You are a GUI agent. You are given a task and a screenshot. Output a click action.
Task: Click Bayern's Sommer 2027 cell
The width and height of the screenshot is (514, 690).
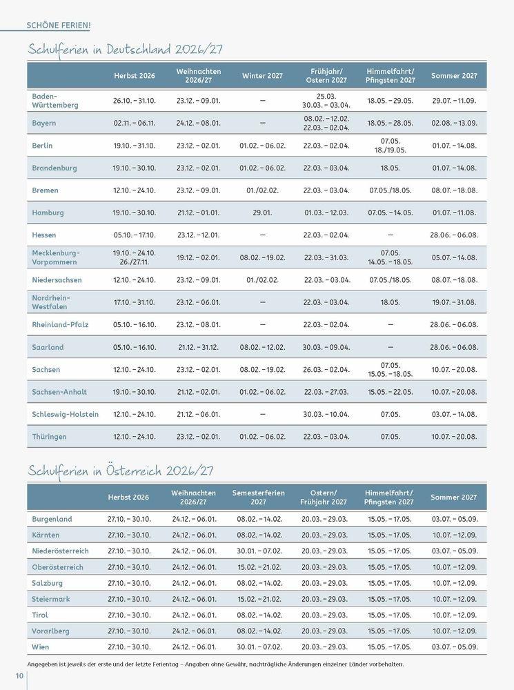[454, 123]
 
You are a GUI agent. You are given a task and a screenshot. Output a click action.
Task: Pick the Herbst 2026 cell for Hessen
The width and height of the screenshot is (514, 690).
[135, 235]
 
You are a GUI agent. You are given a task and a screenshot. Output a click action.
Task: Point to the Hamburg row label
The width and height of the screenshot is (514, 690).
[48, 213]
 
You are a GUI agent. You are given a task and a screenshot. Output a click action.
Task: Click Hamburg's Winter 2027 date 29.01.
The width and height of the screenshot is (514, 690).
[262, 213]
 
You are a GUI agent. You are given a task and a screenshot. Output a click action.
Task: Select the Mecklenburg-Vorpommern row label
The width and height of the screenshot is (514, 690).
[56, 257]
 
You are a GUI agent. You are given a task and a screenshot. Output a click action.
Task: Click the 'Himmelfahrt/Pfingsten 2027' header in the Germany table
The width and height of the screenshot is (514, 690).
[390, 75]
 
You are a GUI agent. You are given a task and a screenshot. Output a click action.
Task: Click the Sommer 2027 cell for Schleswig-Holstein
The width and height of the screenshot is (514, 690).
[454, 414]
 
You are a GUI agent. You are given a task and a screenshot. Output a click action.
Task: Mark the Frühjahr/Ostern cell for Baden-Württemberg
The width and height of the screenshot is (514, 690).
[326, 101]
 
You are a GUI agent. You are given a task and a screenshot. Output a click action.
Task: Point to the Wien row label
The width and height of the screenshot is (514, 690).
[41, 647]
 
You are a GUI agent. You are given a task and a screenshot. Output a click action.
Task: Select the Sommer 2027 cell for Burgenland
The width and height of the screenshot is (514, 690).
[454, 519]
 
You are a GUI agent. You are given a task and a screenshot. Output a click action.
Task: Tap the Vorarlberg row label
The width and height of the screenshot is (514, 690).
[51, 631]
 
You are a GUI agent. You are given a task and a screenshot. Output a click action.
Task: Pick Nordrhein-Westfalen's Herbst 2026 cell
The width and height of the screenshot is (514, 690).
[135, 302]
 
